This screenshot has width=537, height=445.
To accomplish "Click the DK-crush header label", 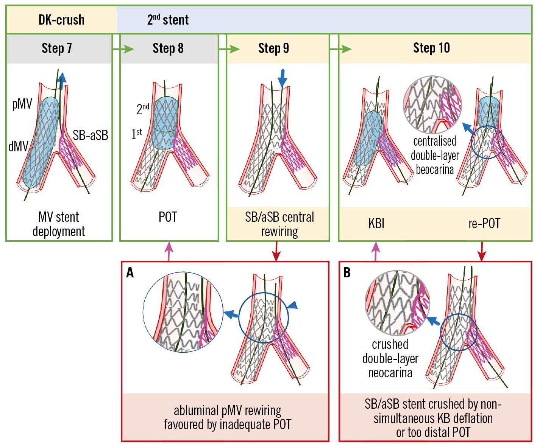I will pyautogui.click(x=61, y=20).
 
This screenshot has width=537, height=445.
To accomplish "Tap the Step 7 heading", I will pyautogui.click(x=57, y=48).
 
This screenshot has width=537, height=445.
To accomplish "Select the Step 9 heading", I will pyautogui.click(x=273, y=48).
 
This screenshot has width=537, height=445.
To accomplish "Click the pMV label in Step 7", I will pyautogui.click(x=22, y=104).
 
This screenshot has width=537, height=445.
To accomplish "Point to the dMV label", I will pyautogui.click(x=18, y=146).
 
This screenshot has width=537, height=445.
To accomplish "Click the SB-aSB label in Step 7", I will pyautogui.click(x=91, y=135).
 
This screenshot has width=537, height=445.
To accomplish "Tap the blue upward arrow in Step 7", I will pyautogui.click(x=62, y=78).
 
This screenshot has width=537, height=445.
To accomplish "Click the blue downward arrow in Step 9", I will pyautogui.click(x=282, y=78).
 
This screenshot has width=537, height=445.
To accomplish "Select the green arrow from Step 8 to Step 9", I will pyautogui.click(x=229, y=49).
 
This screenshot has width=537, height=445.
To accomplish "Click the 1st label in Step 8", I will pyautogui.click(x=137, y=134).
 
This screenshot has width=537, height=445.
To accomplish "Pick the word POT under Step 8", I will pyautogui.click(x=168, y=217).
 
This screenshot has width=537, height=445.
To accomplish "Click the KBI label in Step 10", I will pyautogui.click(x=376, y=223).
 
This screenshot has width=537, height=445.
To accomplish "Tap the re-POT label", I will pyautogui.click(x=484, y=223).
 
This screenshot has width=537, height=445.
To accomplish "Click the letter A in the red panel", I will pyautogui.click(x=130, y=272).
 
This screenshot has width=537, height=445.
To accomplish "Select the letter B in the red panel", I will pyautogui.click(x=347, y=272).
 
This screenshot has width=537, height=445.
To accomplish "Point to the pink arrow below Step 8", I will pyautogui.click(x=169, y=251).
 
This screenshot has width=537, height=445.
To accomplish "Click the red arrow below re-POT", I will pyautogui.click(x=481, y=251).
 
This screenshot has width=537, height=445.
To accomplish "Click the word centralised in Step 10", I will pyautogui.click(x=434, y=141).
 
